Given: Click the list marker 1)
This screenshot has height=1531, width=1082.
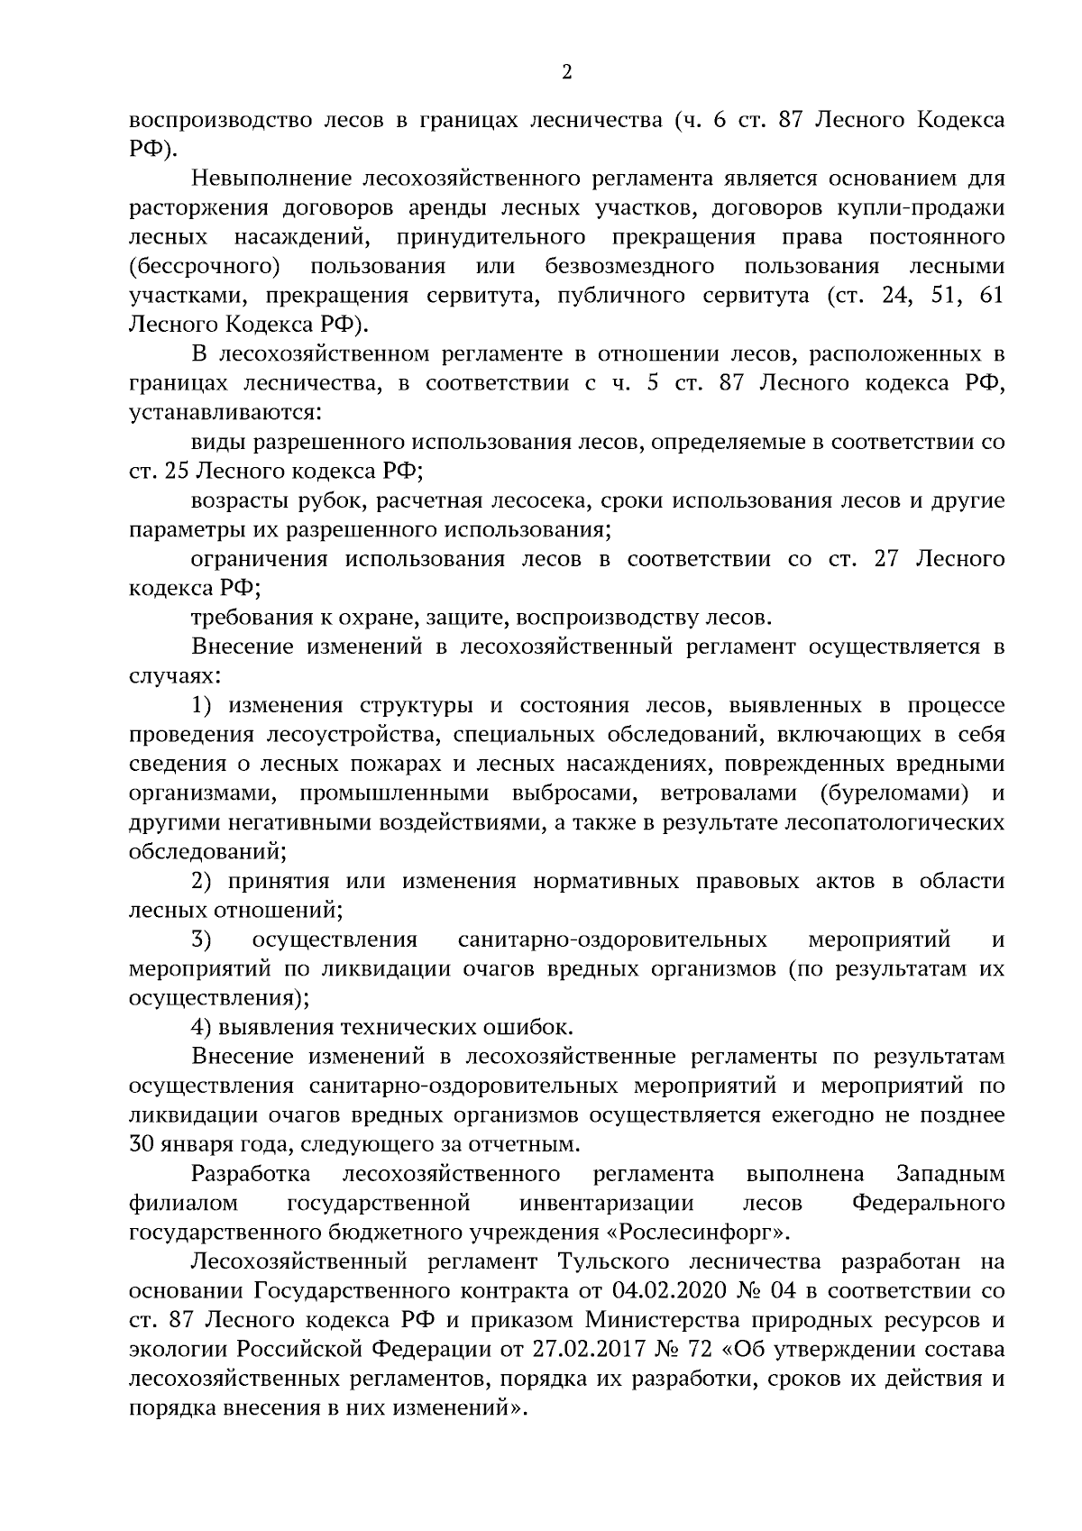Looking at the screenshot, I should pyautogui.click(x=205, y=705).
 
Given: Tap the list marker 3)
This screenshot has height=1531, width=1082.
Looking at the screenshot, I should pyautogui.click(x=202, y=940).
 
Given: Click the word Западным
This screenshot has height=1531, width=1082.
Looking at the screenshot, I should pyautogui.click(x=950, y=1174).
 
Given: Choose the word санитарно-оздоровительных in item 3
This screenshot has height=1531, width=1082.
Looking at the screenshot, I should pyautogui.click(x=613, y=940).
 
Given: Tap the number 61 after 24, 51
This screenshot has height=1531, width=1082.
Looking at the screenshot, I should pyautogui.click(x=992, y=296).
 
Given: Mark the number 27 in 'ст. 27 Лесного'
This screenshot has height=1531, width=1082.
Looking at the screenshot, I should pyautogui.click(x=888, y=559).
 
